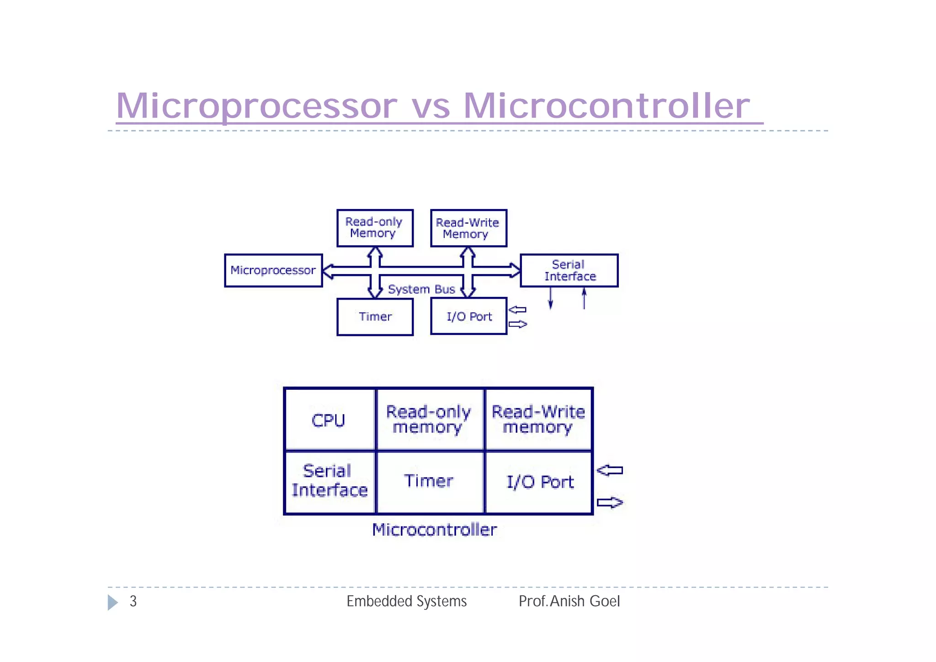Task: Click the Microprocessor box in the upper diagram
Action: coord(273,270)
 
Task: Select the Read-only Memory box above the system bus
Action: coord(375,228)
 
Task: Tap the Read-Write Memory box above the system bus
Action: coord(468,228)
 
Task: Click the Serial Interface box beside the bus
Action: coord(569,270)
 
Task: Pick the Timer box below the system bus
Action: coord(375,317)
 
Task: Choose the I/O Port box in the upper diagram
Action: coord(468,317)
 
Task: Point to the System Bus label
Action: coord(421,289)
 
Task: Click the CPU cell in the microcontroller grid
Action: coord(329,420)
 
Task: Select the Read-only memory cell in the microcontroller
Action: coord(429,419)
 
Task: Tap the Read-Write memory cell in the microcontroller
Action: coord(538,419)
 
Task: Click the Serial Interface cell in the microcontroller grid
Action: coord(329,481)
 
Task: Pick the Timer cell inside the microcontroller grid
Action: coord(429,481)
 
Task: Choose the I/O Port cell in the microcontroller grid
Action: coord(539,482)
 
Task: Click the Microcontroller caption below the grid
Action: coord(434,530)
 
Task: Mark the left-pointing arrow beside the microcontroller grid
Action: coord(610,470)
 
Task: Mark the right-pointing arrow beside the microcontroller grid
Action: coord(610,503)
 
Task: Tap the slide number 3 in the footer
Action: coord(133,601)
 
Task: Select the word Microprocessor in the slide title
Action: coord(257,106)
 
